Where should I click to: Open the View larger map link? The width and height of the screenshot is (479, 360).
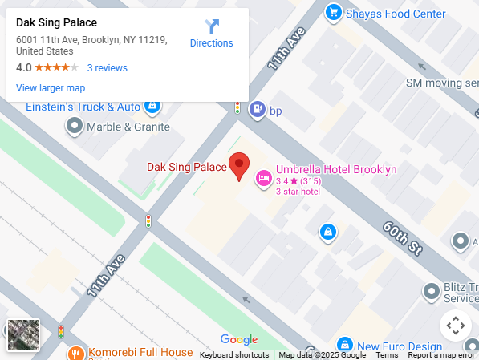coord(51,88)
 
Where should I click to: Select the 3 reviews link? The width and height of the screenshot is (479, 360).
coord(108,68)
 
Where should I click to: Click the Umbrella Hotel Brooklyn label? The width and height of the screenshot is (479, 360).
coord(335,169)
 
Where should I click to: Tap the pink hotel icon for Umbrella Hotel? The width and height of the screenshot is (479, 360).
coord(262,178)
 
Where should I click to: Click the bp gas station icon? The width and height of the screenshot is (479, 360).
coord(257,110)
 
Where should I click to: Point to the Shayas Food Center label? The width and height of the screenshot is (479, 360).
coord(395,14)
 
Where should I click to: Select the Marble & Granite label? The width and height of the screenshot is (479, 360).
coord(128,127)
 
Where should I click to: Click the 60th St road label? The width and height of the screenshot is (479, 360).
coord(402,233)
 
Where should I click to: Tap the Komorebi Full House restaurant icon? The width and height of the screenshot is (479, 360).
coord(76,353)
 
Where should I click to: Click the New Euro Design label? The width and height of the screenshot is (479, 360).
coord(400,346)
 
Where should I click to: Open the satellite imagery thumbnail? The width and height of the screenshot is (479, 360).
coord(22,335)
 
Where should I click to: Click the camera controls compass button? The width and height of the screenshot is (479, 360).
coord(455,326)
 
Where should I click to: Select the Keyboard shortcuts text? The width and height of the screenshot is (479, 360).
coord(234,355)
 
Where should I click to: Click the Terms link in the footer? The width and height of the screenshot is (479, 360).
coord(387,355)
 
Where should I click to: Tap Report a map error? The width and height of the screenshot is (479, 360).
coord(441,355)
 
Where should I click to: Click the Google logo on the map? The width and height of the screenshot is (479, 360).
coord(239,340)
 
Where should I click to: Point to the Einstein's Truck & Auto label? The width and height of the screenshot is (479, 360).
coord(83,107)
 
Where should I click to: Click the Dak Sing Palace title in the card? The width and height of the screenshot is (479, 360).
coord(56,22)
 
